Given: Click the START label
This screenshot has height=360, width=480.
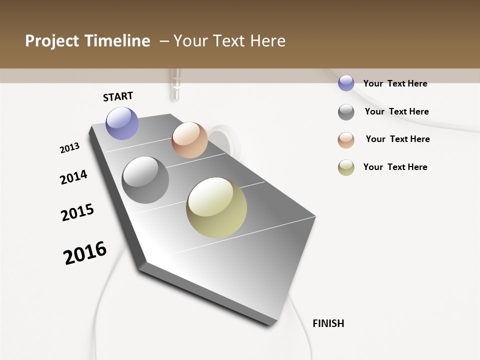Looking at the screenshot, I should [118, 96].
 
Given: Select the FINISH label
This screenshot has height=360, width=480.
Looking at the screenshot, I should [328, 323].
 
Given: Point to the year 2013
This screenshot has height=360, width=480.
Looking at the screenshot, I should [69, 148].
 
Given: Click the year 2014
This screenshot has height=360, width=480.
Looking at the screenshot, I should [73, 177].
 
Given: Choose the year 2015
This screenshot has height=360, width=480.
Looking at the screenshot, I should [77, 212].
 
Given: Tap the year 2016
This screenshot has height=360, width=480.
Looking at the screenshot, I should [85, 252].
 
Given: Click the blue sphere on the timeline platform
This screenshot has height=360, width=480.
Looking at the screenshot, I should [122, 123].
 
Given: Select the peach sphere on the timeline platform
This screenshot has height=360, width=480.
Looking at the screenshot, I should [189, 140].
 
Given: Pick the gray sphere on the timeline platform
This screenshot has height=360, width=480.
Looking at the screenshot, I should [145, 180].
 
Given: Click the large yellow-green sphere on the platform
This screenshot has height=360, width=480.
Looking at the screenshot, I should [216, 207].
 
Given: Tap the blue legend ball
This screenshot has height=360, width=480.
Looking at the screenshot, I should [346, 83].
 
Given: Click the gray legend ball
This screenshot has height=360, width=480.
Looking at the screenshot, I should [346, 112].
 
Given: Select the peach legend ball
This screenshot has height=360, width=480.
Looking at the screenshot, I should [346, 140].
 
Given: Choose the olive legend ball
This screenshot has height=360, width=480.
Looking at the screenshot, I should [346, 167].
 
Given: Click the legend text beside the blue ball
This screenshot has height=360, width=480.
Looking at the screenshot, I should [395, 83].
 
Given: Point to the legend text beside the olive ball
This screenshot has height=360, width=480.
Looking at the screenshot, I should [395, 167].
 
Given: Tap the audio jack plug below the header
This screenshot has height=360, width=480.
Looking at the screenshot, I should [174, 85].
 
